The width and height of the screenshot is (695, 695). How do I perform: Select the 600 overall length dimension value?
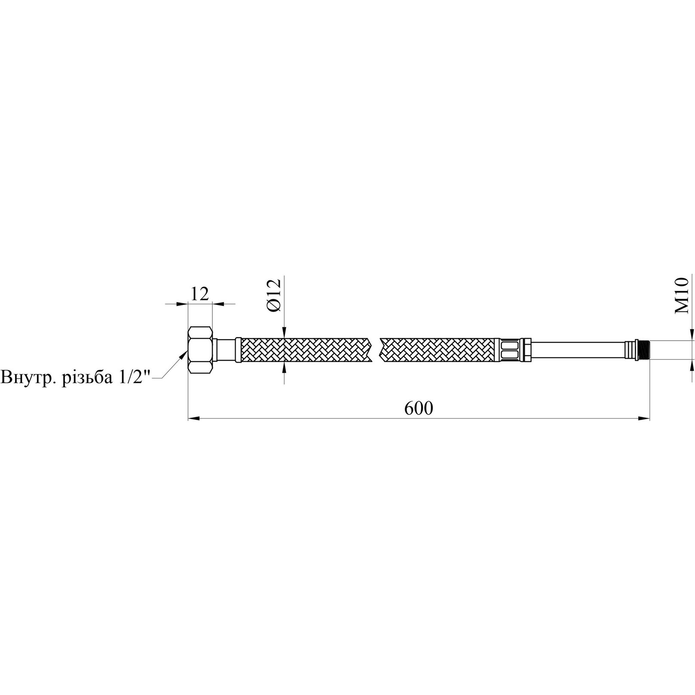418,408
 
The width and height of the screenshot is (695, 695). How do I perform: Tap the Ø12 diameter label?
273,295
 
